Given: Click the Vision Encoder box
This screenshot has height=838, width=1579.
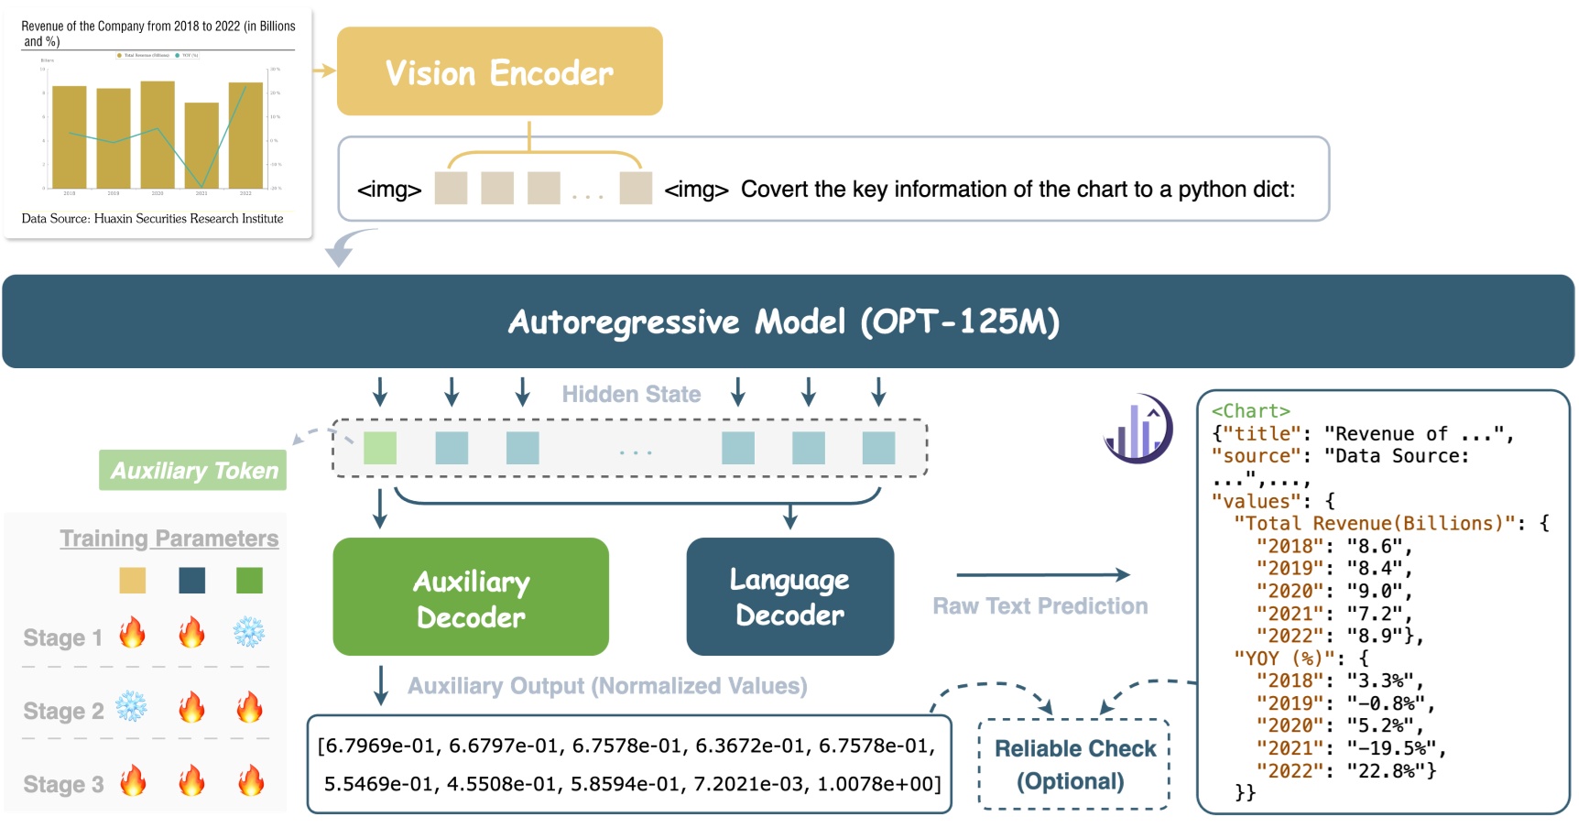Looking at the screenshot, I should (x=499, y=71).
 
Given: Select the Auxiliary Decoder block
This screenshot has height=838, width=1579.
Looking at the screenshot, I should (x=471, y=597).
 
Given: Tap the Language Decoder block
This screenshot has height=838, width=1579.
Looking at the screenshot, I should (x=789, y=596).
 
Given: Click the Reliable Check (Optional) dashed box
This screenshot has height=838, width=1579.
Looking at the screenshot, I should (x=1074, y=765).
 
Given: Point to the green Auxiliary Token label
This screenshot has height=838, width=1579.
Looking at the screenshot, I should (x=193, y=471).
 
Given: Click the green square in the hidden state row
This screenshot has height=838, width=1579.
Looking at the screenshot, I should (x=380, y=448).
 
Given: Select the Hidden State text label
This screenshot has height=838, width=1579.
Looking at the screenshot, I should (x=631, y=395).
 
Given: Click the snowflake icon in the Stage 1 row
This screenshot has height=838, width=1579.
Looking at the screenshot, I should (x=248, y=632).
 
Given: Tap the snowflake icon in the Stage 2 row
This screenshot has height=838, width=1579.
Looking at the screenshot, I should (x=131, y=707).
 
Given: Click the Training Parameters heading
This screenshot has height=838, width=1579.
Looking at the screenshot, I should (x=169, y=539).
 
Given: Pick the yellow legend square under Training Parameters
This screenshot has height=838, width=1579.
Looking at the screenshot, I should (x=133, y=580).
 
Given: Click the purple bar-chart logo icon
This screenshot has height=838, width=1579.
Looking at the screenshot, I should (x=1138, y=429).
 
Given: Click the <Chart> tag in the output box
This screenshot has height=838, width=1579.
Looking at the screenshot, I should (x=1250, y=411).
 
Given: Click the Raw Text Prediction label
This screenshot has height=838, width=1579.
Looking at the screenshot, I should (x=1040, y=606).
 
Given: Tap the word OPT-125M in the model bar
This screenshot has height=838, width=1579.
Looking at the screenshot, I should (x=959, y=321).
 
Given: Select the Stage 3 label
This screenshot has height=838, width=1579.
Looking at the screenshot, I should (x=63, y=785).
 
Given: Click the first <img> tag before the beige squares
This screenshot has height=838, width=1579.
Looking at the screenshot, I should (x=389, y=190).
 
